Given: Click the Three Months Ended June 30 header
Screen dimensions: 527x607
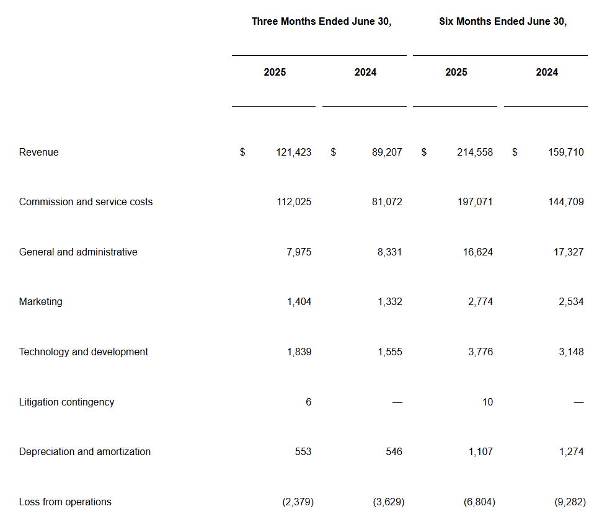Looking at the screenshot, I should (x=321, y=21).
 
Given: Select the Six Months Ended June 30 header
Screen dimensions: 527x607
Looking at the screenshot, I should (x=502, y=21).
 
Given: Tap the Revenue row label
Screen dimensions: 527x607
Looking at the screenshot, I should (x=38, y=152).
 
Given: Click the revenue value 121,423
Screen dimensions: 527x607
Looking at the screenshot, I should (x=293, y=152).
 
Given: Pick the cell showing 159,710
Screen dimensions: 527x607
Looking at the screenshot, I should (x=565, y=152).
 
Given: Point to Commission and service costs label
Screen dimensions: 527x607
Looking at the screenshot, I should (x=86, y=201).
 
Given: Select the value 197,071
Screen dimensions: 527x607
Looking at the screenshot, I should (x=475, y=201).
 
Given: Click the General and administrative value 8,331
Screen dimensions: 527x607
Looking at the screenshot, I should (x=389, y=252).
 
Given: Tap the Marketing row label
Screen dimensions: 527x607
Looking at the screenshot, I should (x=40, y=301).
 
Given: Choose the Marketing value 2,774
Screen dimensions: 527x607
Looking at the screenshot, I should (x=481, y=301).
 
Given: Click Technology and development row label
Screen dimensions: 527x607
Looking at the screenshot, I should (x=83, y=352).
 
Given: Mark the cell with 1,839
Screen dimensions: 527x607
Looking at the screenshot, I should (x=299, y=352).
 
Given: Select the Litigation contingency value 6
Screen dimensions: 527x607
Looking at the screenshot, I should (x=308, y=402).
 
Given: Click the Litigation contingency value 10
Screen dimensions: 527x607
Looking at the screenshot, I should (x=487, y=402).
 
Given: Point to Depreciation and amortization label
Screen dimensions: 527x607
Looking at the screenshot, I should (x=84, y=451).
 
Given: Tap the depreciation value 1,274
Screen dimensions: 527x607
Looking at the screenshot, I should (x=571, y=451).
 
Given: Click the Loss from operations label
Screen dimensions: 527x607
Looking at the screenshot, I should (x=65, y=502).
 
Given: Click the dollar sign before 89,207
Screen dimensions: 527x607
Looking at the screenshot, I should (x=333, y=152).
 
